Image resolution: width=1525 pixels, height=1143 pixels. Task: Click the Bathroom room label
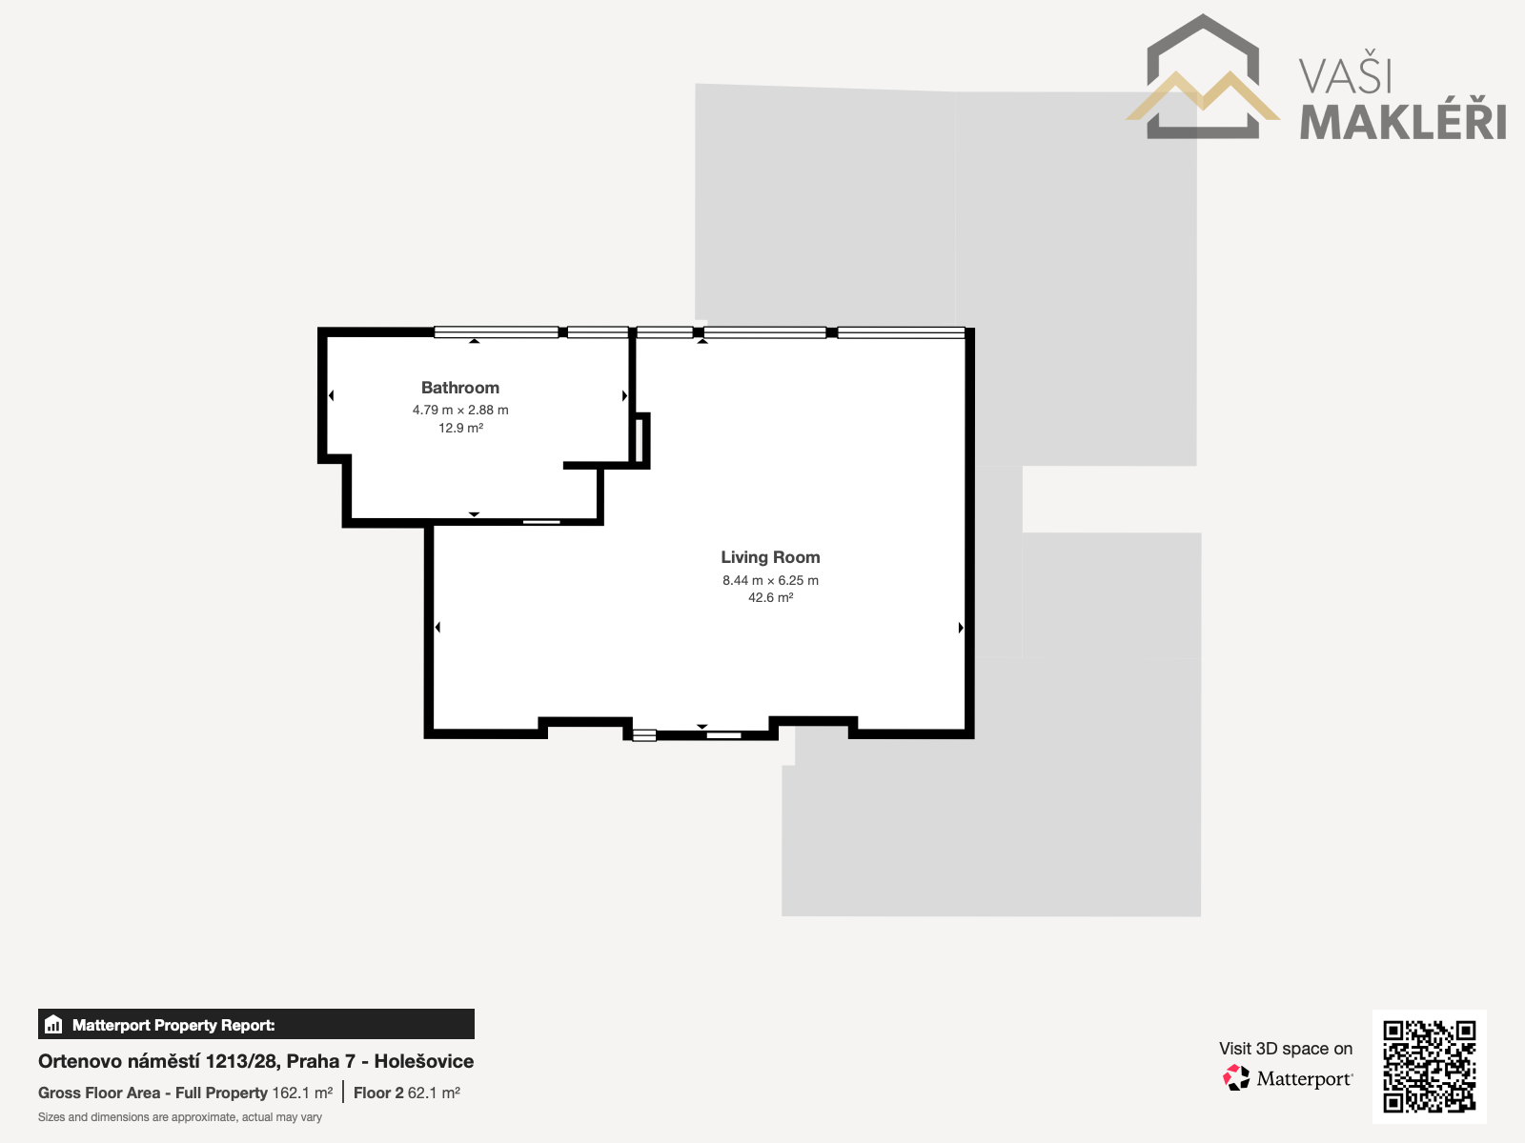click(460, 388)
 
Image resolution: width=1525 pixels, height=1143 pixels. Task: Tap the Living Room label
click(770, 557)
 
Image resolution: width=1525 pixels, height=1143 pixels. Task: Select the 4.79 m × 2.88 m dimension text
click(460, 411)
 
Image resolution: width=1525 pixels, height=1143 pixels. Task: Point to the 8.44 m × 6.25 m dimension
click(770, 580)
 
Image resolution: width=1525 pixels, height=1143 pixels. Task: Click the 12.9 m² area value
click(460, 429)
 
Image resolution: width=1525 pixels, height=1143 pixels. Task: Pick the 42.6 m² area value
click(770, 597)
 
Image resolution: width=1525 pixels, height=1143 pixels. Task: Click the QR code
click(1429, 1067)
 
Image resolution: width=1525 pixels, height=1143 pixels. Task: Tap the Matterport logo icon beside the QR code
click(1236, 1078)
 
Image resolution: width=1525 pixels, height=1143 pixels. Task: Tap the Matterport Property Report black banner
click(256, 1024)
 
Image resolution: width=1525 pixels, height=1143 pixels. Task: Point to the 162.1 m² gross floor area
click(302, 1093)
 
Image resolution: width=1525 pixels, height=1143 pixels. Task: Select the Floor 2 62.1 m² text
click(406, 1093)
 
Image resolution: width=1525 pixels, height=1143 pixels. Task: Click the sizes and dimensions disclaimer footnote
click(180, 1117)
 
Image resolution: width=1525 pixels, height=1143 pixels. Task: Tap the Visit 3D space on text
click(1286, 1049)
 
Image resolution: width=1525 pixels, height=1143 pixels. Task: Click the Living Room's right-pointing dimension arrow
click(961, 628)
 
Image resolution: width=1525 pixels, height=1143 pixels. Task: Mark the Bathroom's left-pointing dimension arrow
click(332, 395)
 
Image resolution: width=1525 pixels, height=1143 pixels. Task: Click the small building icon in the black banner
click(53, 1024)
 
